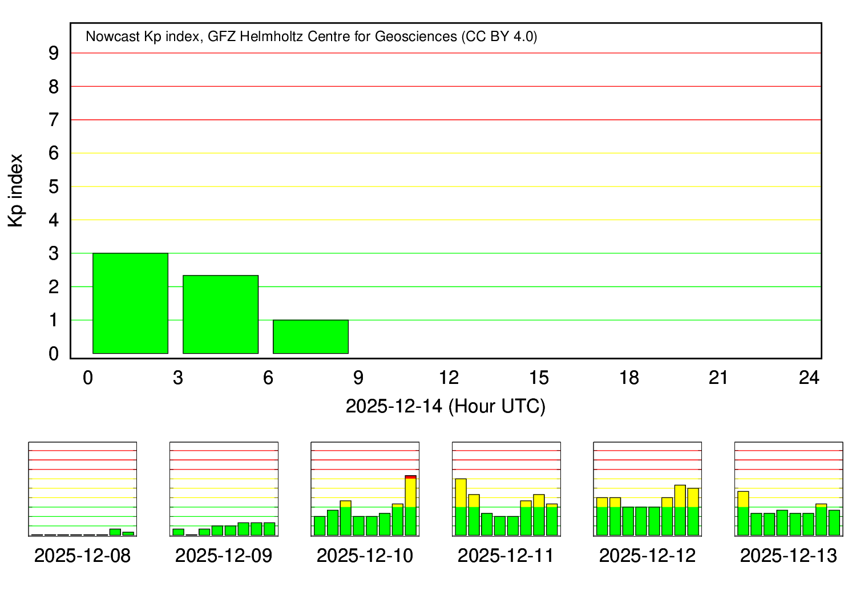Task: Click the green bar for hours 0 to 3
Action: tap(130, 303)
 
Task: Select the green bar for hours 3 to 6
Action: tap(220, 314)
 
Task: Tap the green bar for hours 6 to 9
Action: tap(310, 337)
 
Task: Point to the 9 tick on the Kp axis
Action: tap(54, 53)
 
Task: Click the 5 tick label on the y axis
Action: tap(54, 187)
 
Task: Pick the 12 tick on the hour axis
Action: tap(449, 378)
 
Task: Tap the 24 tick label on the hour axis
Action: tap(809, 378)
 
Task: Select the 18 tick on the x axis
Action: tap(629, 378)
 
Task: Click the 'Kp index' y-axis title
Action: tap(16, 191)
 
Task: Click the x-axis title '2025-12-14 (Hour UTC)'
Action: tap(445, 406)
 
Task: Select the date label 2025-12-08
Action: tap(82, 556)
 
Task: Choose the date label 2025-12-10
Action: tap(365, 556)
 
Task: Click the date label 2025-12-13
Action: tap(788, 556)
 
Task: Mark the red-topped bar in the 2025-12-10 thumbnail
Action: tap(411, 505)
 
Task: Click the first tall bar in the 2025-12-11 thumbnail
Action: tap(461, 507)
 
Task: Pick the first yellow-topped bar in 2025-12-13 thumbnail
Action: tap(743, 513)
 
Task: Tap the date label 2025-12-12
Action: tap(647, 556)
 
